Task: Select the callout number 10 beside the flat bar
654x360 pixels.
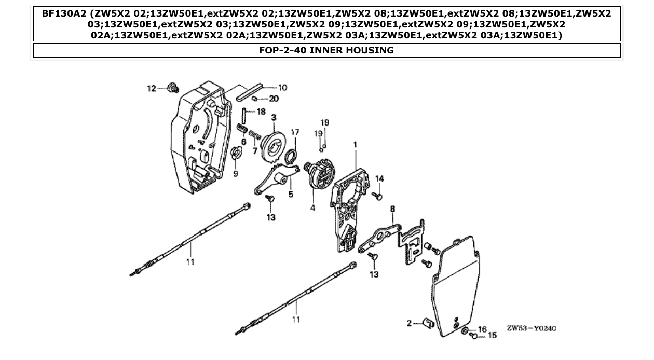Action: (283, 88)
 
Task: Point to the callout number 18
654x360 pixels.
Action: (261, 112)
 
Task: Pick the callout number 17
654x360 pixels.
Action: (295, 132)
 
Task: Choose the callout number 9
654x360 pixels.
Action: (236, 174)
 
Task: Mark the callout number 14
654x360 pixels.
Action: (380, 178)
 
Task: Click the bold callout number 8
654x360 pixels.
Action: (393, 209)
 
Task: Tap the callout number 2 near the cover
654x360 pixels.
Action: (409, 323)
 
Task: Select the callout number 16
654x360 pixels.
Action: (482, 329)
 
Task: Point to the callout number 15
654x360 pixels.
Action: (491, 336)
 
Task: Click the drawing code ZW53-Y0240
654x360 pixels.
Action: (531, 328)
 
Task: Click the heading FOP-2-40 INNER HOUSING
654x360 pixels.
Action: (326, 50)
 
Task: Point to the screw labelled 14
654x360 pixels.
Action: (378, 197)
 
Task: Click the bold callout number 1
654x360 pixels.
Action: (355, 145)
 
